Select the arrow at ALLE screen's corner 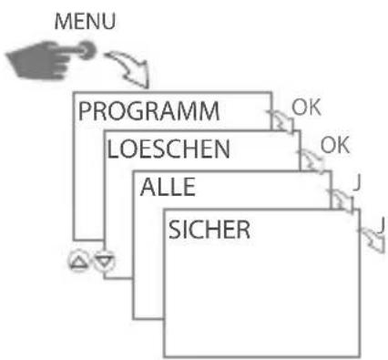click(341, 201)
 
